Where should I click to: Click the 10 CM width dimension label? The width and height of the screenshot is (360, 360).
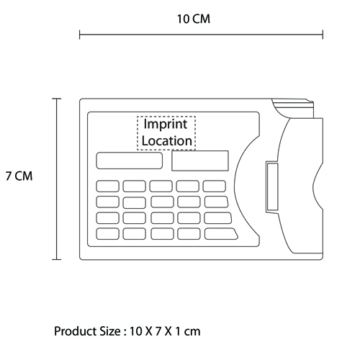click(x=194, y=19)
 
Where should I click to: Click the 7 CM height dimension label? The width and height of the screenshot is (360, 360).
click(x=19, y=176)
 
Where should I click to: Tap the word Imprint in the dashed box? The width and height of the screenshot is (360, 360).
click(x=166, y=125)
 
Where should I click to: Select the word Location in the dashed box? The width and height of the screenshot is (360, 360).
click(x=167, y=141)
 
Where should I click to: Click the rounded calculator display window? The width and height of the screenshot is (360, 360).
click(x=130, y=161)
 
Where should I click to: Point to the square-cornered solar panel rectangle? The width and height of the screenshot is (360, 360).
click(x=200, y=161)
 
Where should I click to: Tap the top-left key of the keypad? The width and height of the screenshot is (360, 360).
click(x=107, y=186)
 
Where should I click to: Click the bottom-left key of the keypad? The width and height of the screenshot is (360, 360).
click(x=107, y=234)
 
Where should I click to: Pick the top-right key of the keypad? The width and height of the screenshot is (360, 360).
click(x=215, y=186)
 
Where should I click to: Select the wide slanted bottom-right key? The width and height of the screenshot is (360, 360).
click(x=221, y=234)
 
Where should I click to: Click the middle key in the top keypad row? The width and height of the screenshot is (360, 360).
click(x=161, y=186)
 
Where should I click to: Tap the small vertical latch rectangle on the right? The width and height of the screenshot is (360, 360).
click(x=272, y=186)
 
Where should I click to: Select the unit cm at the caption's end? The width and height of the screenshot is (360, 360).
click(x=192, y=332)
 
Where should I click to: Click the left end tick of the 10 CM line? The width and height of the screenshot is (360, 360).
click(x=80, y=35)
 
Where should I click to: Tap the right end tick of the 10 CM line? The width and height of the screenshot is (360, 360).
click(x=323, y=35)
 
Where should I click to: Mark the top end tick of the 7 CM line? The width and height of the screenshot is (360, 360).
click(x=57, y=99)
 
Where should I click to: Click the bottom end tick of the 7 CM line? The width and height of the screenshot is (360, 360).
click(x=57, y=259)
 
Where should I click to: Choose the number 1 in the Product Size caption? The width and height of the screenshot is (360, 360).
click(x=178, y=331)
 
